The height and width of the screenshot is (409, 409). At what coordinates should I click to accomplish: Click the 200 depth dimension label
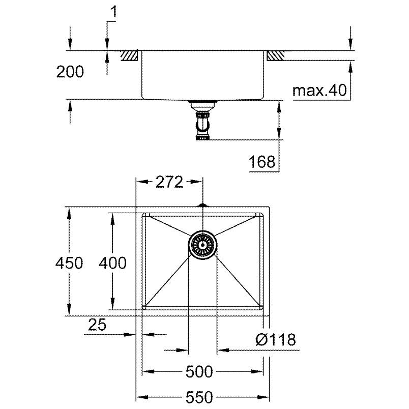pos(70,72)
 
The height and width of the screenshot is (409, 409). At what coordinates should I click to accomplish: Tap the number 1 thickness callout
pos(114,12)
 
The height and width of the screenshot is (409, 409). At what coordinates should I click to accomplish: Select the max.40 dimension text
pos(319,90)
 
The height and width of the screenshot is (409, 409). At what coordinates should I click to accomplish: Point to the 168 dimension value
pos(262,162)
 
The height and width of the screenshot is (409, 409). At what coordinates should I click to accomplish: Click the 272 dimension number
pos(169,182)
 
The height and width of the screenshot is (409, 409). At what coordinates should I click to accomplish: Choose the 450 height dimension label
pos(69,262)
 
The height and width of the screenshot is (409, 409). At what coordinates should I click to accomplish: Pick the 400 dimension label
pos(112,262)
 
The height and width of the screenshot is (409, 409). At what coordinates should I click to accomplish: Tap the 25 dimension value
pos(97,325)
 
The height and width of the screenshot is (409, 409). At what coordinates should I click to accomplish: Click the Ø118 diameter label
pos(276,340)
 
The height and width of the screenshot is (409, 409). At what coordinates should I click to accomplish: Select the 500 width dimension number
pos(199,371)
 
